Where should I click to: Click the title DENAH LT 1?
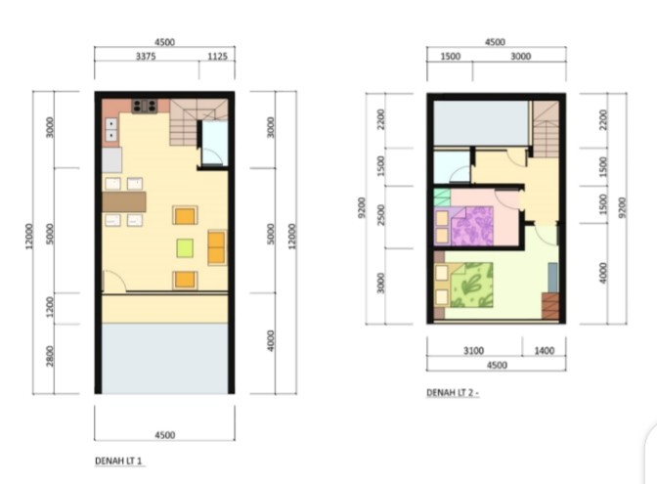(x=118, y=461)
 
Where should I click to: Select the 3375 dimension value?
(x=146, y=56)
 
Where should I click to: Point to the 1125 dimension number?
(x=217, y=56)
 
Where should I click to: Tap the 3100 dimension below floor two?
(x=473, y=350)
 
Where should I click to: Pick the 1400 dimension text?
(x=544, y=350)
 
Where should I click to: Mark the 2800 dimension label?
(x=50, y=356)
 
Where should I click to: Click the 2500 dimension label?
(x=380, y=215)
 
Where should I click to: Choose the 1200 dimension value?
(x=50, y=307)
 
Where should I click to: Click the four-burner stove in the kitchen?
(x=144, y=106)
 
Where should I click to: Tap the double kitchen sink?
(x=111, y=129)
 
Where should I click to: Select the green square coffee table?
(x=185, y=247)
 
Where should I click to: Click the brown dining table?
(x=124, y=201)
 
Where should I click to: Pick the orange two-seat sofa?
(x=217, y=247)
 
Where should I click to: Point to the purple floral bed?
(x=463, y=226)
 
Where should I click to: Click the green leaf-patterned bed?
(x=463, y=285)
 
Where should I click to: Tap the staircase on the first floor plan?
(x=198, y=121)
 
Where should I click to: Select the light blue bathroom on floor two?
(x=452, y=166)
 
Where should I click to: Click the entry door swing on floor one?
(x=114, y=280)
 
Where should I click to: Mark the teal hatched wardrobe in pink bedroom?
(x=442, y=198)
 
